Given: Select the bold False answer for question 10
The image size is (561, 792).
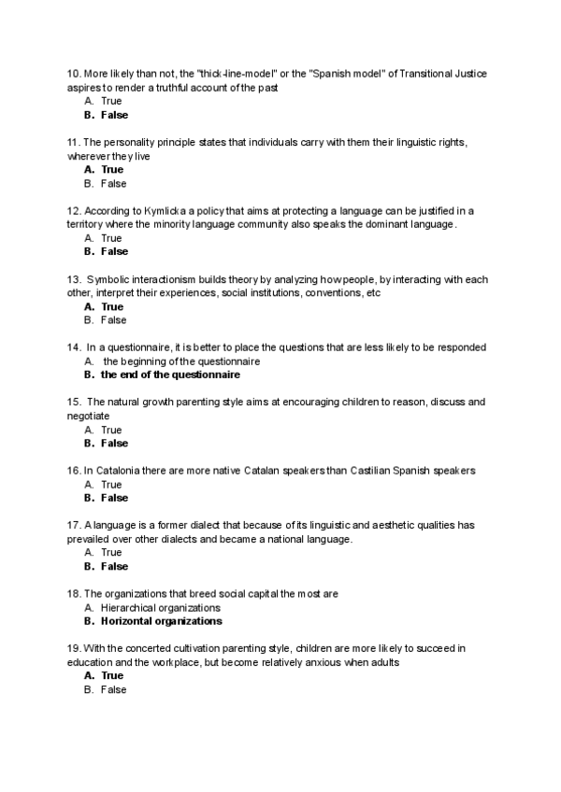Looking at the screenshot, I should click(114, 115).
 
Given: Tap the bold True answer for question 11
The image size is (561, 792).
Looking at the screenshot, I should click(112, 170).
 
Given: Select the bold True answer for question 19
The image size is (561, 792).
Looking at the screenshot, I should click(112, 675).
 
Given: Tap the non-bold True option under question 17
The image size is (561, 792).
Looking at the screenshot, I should click(111, 553).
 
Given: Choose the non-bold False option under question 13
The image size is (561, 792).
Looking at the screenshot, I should click(113, 320).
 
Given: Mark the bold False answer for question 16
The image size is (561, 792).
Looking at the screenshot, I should click(114, 498).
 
